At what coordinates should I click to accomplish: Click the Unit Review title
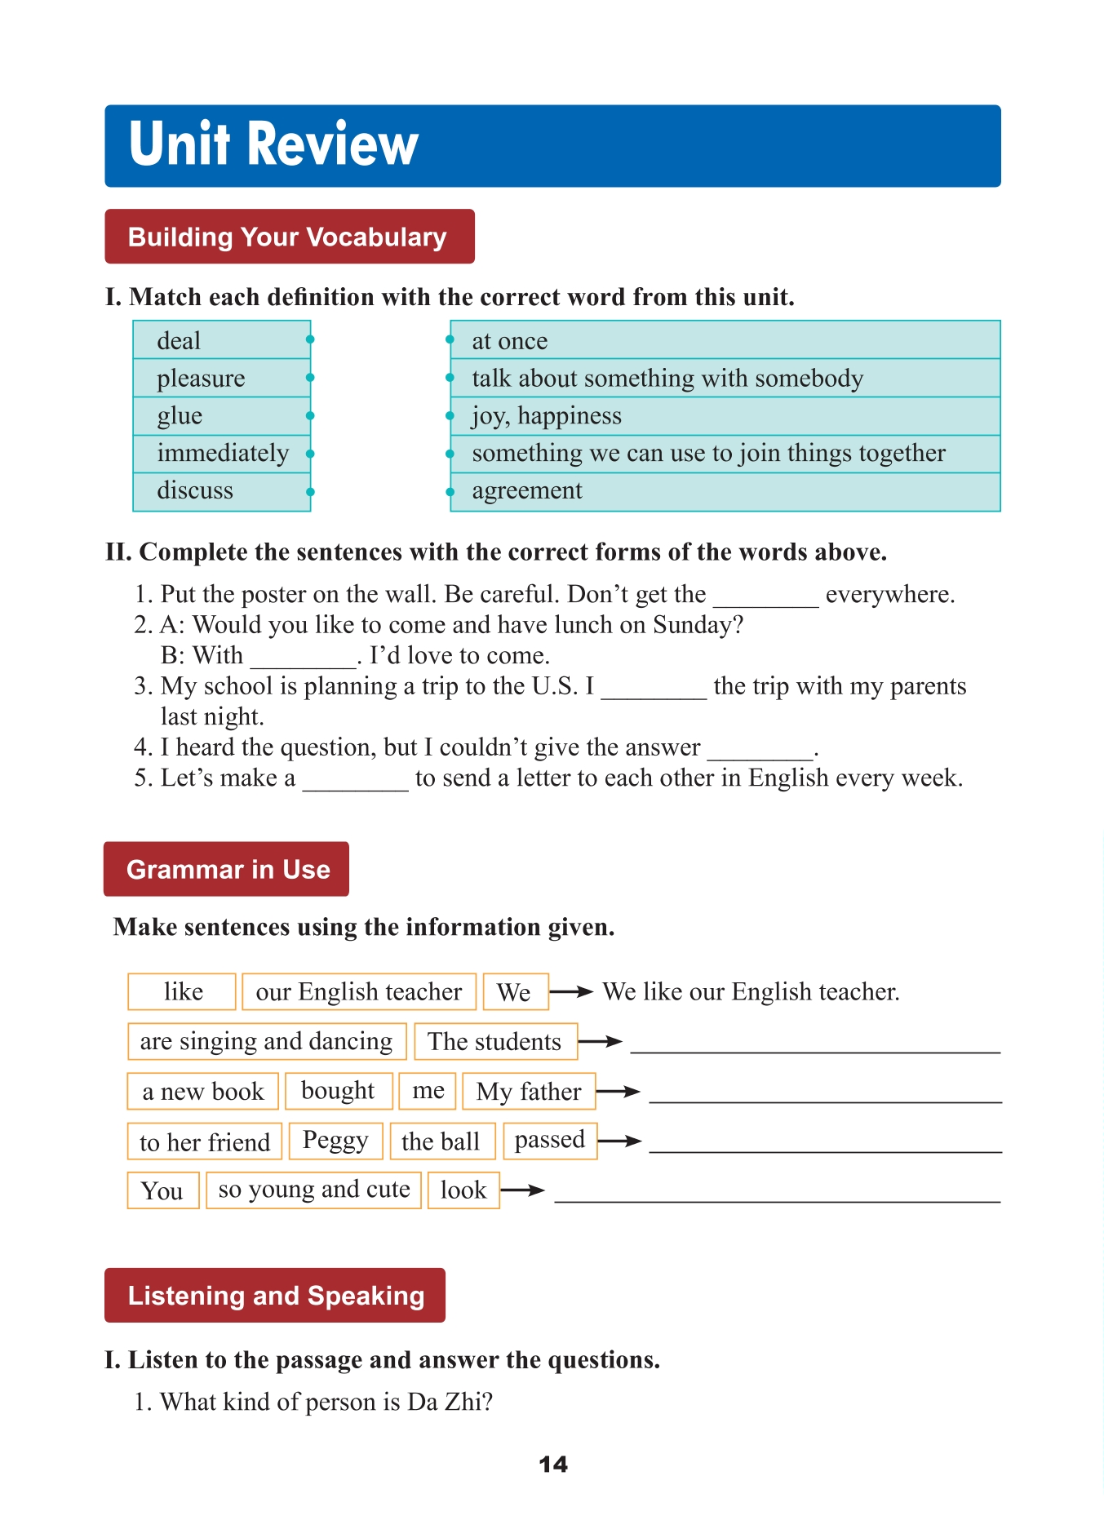[273, 144]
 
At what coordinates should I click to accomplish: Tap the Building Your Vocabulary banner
[289, 237]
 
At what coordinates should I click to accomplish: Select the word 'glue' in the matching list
[180, 416]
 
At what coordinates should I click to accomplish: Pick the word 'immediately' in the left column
[222, 454]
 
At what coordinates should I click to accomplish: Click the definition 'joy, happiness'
[546, 416]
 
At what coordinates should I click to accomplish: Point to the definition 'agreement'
[526, 491]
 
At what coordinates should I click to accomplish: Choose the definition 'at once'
[509, 341]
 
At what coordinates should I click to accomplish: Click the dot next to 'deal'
[310, 339]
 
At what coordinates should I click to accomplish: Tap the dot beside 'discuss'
[310, 492]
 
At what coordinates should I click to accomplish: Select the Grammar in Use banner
[227, 869]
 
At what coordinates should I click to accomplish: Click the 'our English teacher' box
[359, 992]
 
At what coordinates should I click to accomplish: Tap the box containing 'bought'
[338, 1091]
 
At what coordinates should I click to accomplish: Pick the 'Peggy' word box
[335, 1141]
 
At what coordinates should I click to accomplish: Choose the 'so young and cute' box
[314, 1190]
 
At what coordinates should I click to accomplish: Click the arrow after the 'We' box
[572, 992]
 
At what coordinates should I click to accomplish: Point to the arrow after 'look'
[523, 1190]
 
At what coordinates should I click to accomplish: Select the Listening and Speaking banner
[275, 1296]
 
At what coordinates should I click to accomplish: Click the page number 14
[553, 1465]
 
